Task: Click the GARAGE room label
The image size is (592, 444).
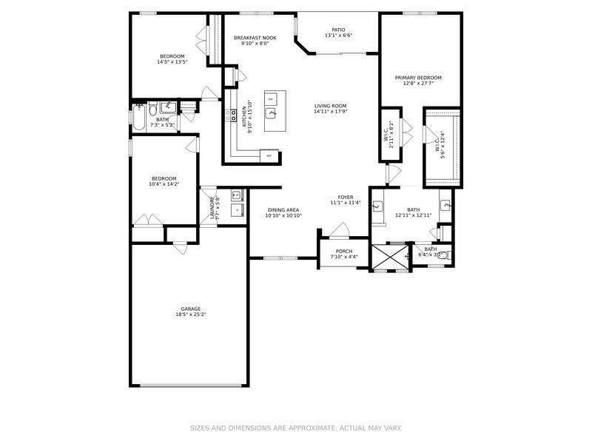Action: point(191,309)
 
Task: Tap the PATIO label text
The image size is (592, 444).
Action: point(338,30)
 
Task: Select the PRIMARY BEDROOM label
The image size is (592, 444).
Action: point(418,78)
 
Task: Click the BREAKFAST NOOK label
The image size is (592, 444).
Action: point(255,37)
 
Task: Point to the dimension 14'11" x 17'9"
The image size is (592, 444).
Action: point(330,112)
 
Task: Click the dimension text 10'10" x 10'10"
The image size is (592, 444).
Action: point(284,215)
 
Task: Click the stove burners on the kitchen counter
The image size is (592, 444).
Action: point(228,114)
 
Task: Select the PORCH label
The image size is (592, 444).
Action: point(344,251)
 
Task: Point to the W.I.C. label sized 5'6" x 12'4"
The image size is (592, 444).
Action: point(442,146)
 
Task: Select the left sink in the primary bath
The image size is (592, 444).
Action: point(377,206)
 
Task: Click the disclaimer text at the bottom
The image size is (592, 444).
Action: point(296,428)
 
